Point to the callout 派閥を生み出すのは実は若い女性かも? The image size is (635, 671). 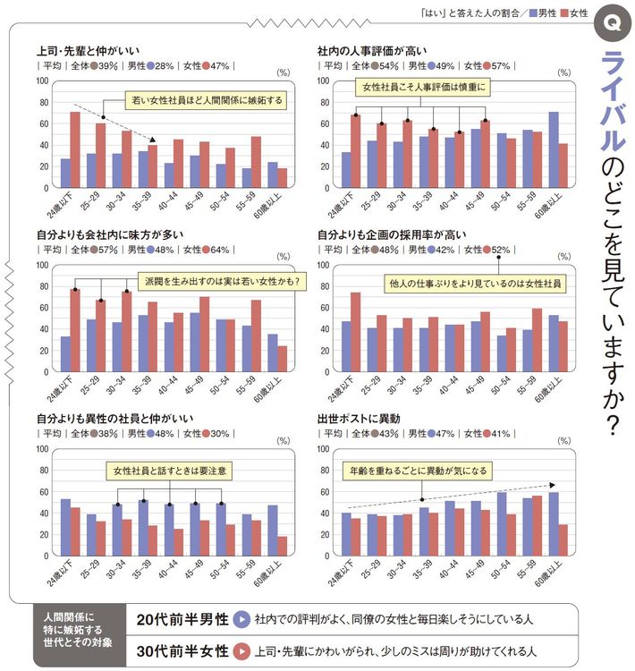point(221,281)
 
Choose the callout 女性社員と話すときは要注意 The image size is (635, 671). point(167,470)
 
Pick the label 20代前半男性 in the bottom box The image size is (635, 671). point(182,619)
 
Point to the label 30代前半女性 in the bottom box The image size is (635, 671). point(182,650)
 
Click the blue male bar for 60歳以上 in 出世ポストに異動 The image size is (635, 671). point(554,523)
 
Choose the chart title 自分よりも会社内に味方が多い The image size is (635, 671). point(106,234)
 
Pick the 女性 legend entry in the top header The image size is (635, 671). point(573,13)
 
